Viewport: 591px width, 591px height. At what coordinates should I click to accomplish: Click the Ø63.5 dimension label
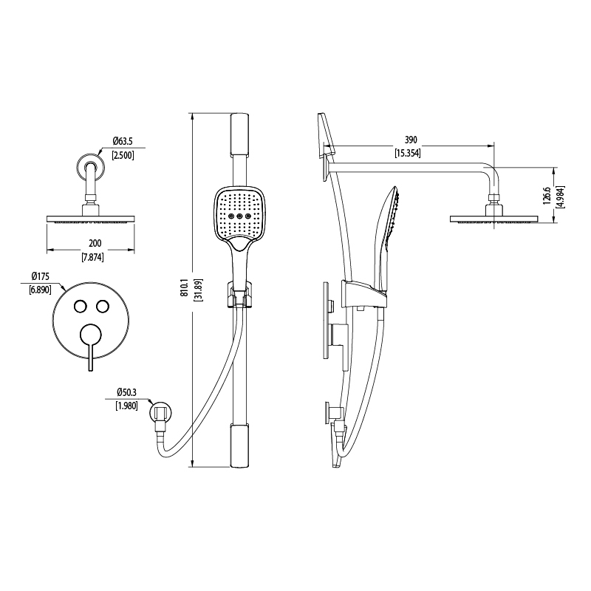click(x=123, y=141)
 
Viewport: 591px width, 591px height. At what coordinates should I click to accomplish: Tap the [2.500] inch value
click(x=123, y=155)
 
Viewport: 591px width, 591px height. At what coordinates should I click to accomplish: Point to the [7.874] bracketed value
click(x=93, y=257)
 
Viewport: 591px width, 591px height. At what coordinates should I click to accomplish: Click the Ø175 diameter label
click(x=41, y=276)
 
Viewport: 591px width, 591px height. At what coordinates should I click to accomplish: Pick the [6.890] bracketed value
click(x=41, y=290)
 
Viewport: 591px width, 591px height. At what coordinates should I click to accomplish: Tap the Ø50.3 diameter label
click(x=126, y=392)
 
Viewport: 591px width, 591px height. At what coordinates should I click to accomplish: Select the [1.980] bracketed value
click(x=126, y=406)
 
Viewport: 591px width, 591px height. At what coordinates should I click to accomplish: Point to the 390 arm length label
click(x=411, y=140)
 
